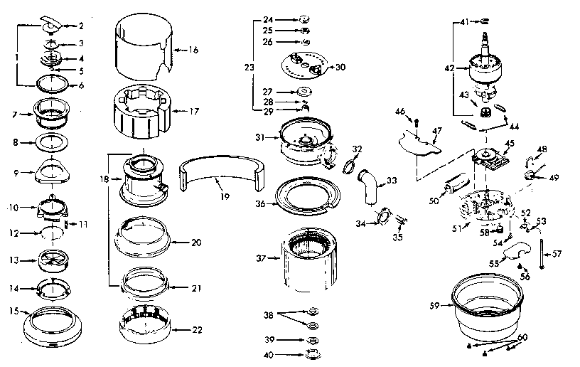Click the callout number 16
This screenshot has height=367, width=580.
click(x=193, y=50)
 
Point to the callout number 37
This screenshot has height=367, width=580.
click(x=261, y=257)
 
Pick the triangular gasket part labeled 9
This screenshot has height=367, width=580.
click(x=53, y=170)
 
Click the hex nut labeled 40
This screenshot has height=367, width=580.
click(x=310, y=353)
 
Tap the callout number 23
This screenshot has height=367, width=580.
click(x=249, y=68)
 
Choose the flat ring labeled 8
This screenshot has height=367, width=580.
click(x=53, y=142)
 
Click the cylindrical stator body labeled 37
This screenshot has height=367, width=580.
click(x=309, y=260)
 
